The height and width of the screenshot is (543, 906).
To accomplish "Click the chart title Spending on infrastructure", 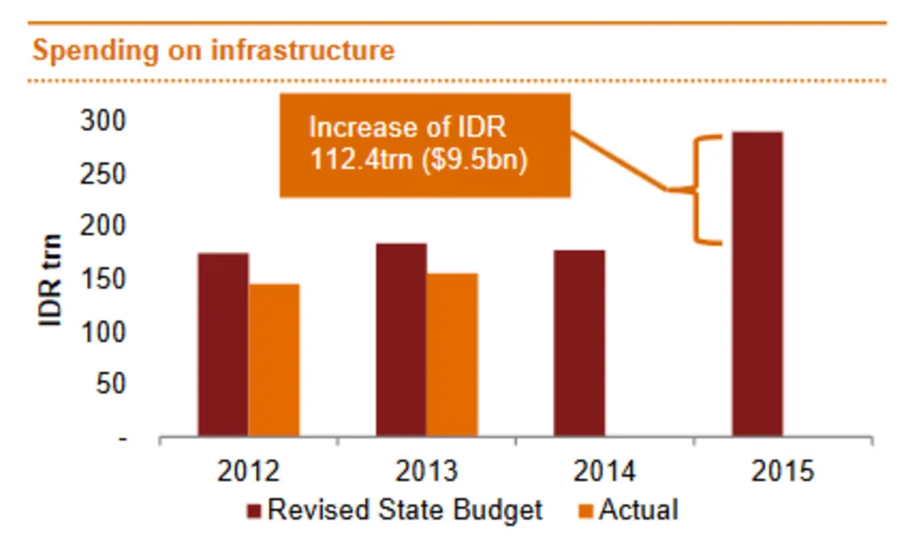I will tap(213, 50).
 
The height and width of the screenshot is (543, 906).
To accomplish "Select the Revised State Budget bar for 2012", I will tap(223, 345).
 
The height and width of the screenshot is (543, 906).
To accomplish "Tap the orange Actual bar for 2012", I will tap(273, 361).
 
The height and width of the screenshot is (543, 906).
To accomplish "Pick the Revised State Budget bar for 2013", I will tap(401, 340).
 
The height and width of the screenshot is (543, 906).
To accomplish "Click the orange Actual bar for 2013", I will tap(452, 355).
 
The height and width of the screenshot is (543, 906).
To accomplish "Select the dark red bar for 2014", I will tap(579, 344).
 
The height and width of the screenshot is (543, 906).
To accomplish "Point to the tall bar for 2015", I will tap(757, 284).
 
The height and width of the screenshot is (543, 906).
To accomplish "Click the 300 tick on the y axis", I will tap(104, 121).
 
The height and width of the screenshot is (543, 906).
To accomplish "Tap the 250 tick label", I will tap(104, 175).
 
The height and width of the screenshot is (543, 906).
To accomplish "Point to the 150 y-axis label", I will tap(104, 280).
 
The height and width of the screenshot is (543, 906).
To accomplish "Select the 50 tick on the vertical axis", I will tap(111, 385).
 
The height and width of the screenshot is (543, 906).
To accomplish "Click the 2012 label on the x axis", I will tap(249, 471).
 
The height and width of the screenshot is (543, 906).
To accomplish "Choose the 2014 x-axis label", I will tap(604, 471).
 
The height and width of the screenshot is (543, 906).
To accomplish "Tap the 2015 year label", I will tap(782, 471).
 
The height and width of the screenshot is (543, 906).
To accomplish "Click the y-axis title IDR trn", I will tap(51, 280).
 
